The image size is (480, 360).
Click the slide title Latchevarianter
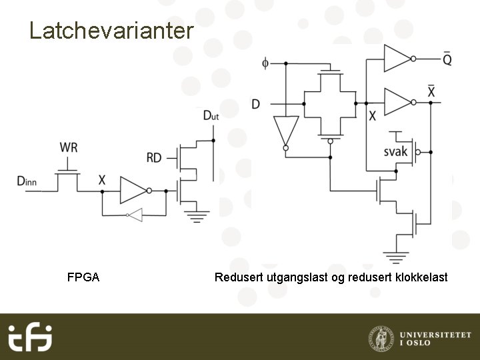point(111,31)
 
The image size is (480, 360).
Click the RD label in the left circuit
point(154,158)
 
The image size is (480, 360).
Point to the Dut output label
point(211,117)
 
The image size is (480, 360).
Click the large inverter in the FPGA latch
point(133,190)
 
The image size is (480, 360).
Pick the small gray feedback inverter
point(135,215)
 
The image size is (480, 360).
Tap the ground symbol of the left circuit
point(196,215)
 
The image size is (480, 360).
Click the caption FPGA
point(83,277)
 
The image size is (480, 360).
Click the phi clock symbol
point(265,63)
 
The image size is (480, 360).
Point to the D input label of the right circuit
point(256,104)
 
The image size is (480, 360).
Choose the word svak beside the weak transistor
point(395,152)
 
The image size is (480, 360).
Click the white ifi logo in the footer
point(30,337)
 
